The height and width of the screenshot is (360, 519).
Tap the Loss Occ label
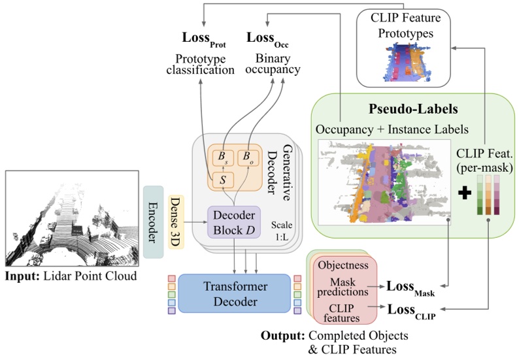click(267, 39)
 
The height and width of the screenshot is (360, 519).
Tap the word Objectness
click(343, 265)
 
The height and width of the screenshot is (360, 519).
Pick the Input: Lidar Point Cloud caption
click(71, 276)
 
